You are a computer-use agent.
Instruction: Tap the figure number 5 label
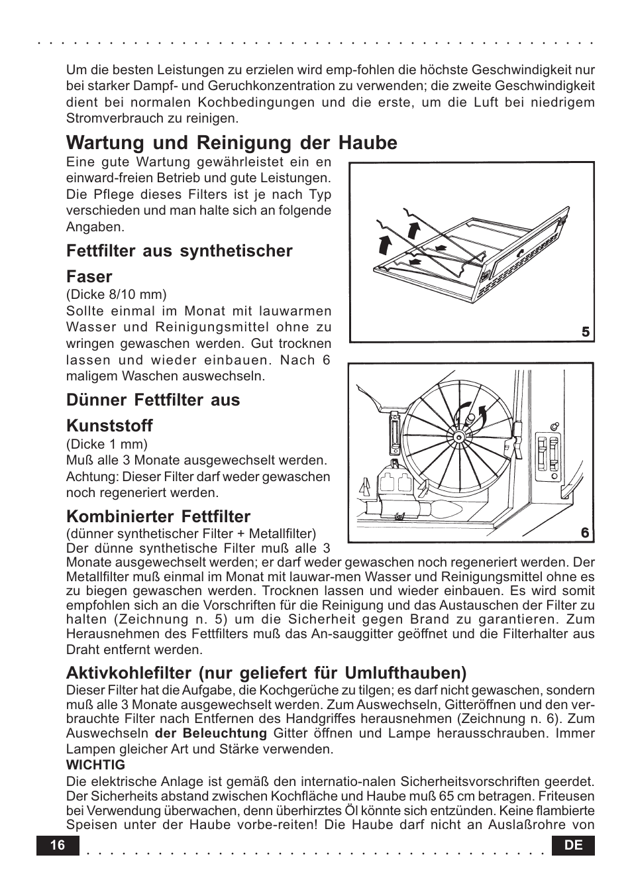click(585, 333)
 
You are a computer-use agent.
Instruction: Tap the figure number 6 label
click(585, 533)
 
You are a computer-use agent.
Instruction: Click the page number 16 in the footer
click(57, 846)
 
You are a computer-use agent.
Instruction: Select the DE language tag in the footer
click(574, 846)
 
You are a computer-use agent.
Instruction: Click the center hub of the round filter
click(457, 438)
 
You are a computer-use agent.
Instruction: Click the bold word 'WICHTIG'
click(95, 765)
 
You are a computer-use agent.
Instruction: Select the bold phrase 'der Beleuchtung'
click(210, 733)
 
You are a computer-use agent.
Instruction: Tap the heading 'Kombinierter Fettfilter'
click(158, 516)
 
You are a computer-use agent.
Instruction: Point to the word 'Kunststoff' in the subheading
click(109, 425)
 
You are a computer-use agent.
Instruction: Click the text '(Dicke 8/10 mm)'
click(116, 294)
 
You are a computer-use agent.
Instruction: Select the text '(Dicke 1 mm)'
click(107, 444)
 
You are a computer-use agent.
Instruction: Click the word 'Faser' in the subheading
click(89, 276)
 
